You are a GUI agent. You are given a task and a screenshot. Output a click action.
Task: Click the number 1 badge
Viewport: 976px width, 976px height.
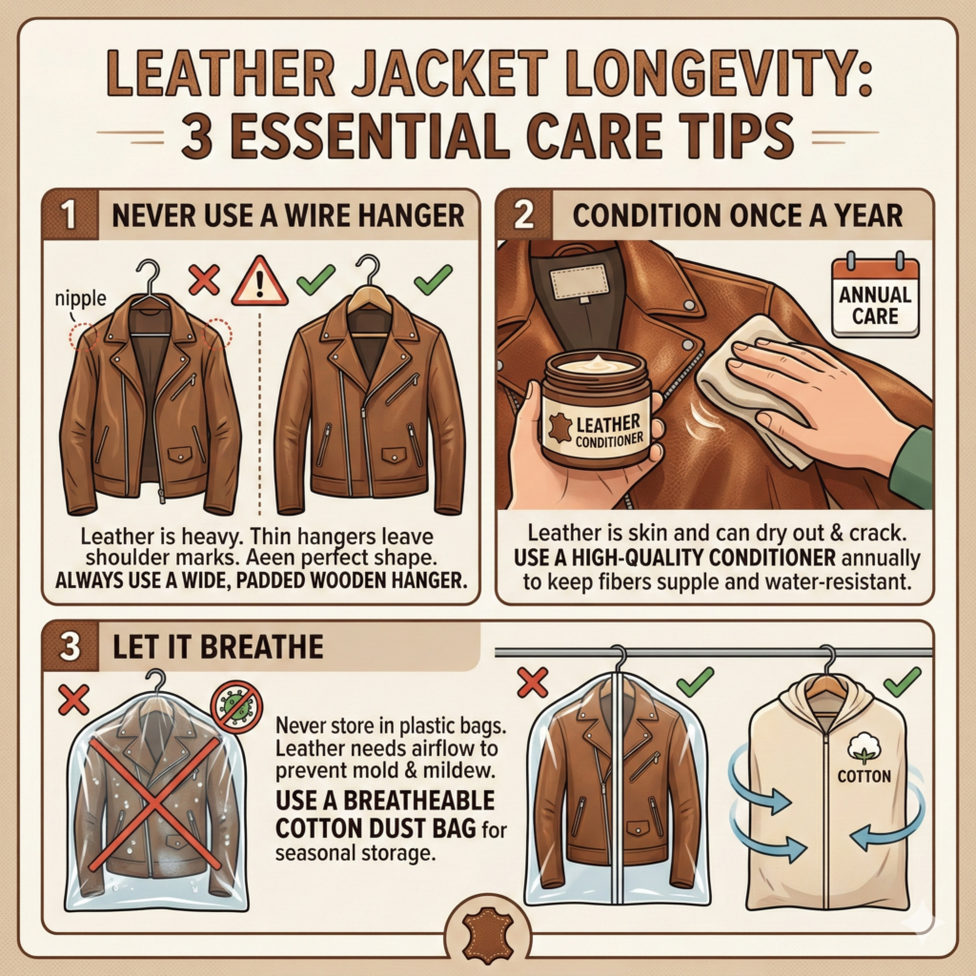[70, 214]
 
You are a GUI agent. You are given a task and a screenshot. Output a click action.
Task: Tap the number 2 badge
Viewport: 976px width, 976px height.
[524, 214]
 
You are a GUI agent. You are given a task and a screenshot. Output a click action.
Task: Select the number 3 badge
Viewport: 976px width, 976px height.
[70, 646]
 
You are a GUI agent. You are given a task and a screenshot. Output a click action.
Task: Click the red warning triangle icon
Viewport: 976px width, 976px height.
[259, 282]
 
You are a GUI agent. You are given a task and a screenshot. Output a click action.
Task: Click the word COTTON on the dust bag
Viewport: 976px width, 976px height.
[864, 776]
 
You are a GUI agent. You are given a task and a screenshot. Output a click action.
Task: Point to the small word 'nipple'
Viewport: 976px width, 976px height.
[80, 298]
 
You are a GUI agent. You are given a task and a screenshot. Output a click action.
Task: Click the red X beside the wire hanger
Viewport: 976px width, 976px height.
[204, 279]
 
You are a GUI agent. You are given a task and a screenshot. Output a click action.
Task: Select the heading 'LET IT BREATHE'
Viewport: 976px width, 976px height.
[218, 647]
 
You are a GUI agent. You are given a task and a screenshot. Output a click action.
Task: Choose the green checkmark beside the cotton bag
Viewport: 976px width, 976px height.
[902, 681]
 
